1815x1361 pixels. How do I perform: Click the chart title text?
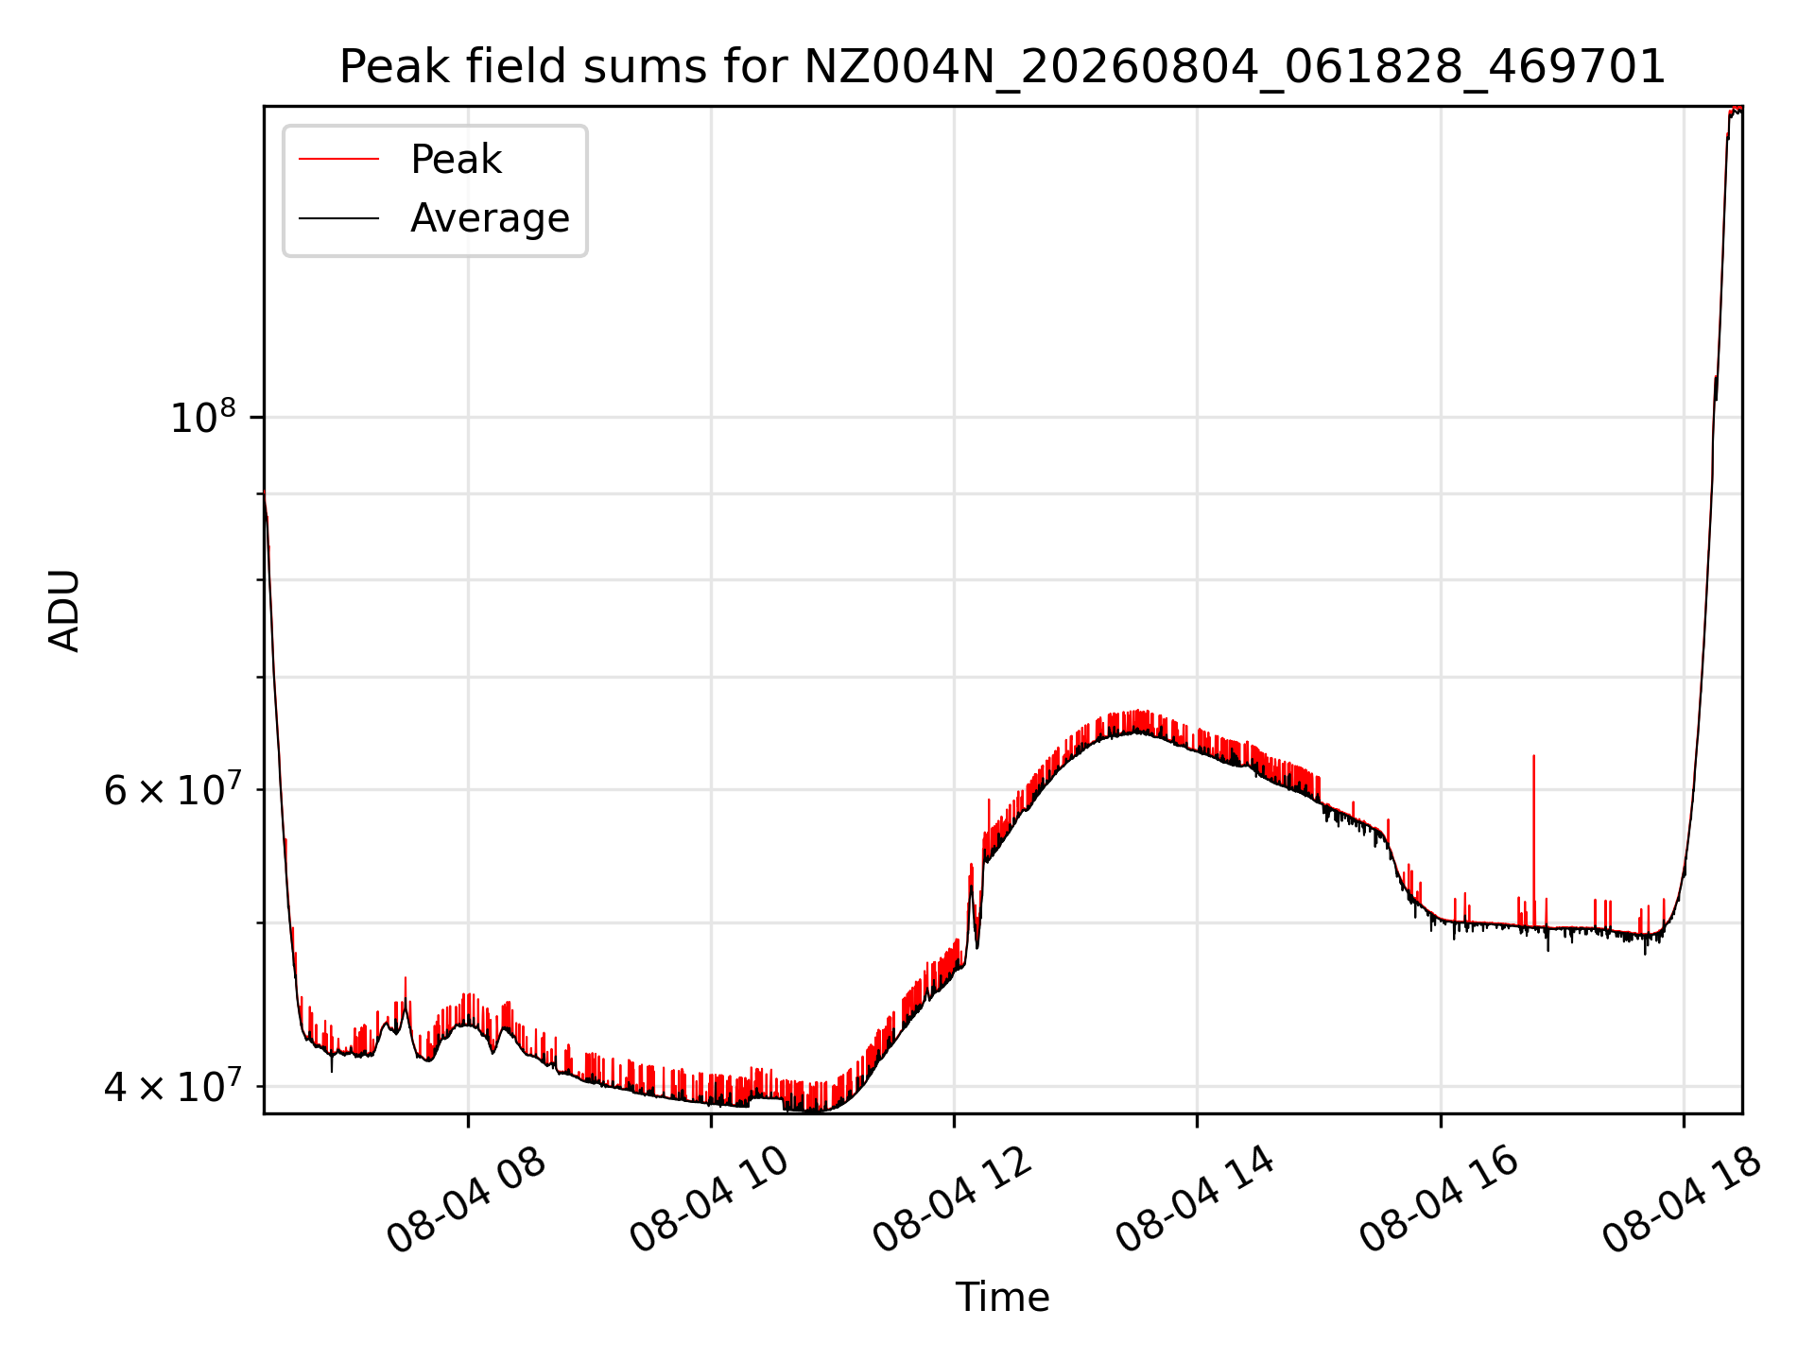click(1002, 67)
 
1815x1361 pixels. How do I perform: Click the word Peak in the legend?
click(456, 160)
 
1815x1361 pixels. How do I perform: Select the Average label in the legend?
click(490, 218)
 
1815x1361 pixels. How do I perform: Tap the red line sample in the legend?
click(338, 160)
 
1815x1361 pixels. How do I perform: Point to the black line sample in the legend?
click(338, 218)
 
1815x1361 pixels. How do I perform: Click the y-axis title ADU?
click(64, 610)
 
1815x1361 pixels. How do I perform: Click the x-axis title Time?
click(1002, 1298)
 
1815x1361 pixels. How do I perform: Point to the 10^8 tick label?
click(203, 417)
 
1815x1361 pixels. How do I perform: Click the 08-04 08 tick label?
click(466, 1200)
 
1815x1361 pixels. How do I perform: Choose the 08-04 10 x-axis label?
click(709, 1200)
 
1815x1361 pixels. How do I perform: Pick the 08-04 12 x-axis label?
click(952, 1200)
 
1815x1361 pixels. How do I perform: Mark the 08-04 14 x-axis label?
click(1195, 1200)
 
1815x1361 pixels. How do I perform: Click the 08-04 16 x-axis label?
click(1439, 1200)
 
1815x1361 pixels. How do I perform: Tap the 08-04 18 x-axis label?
click(1682, 1200)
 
